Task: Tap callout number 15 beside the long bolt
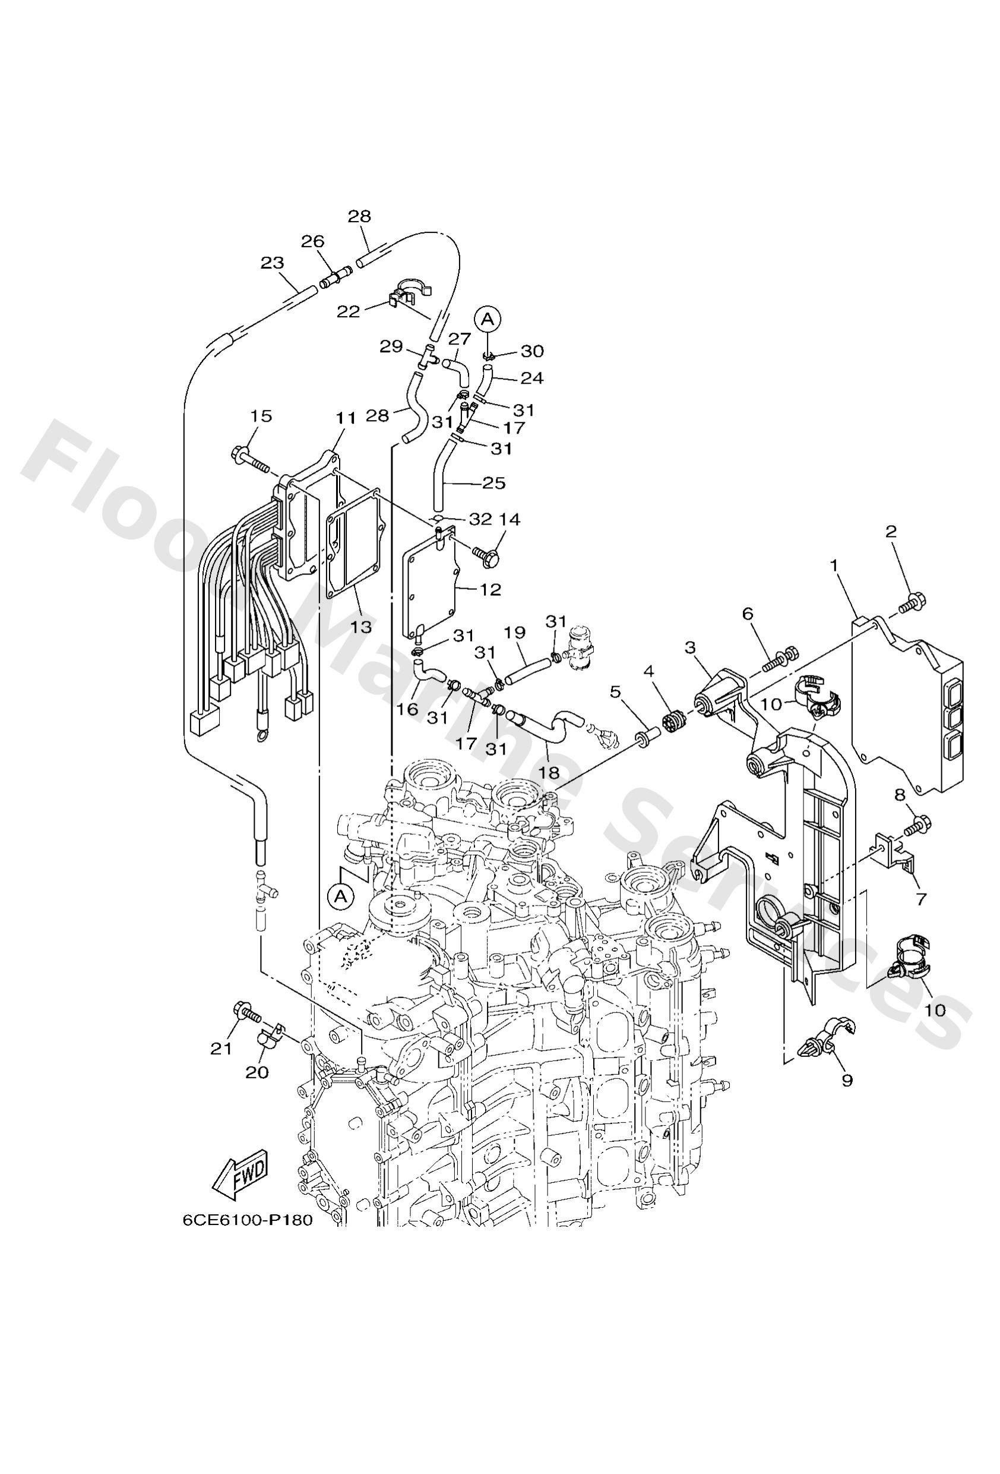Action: pos(261,416)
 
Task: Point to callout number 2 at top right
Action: pos(891,532)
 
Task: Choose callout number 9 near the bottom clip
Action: pos(847,1080)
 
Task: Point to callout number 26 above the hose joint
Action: pos(312,241)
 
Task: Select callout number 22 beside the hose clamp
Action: pos(348,311)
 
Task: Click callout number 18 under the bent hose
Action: pos(550,772)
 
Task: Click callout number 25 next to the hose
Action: pos(493,483)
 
